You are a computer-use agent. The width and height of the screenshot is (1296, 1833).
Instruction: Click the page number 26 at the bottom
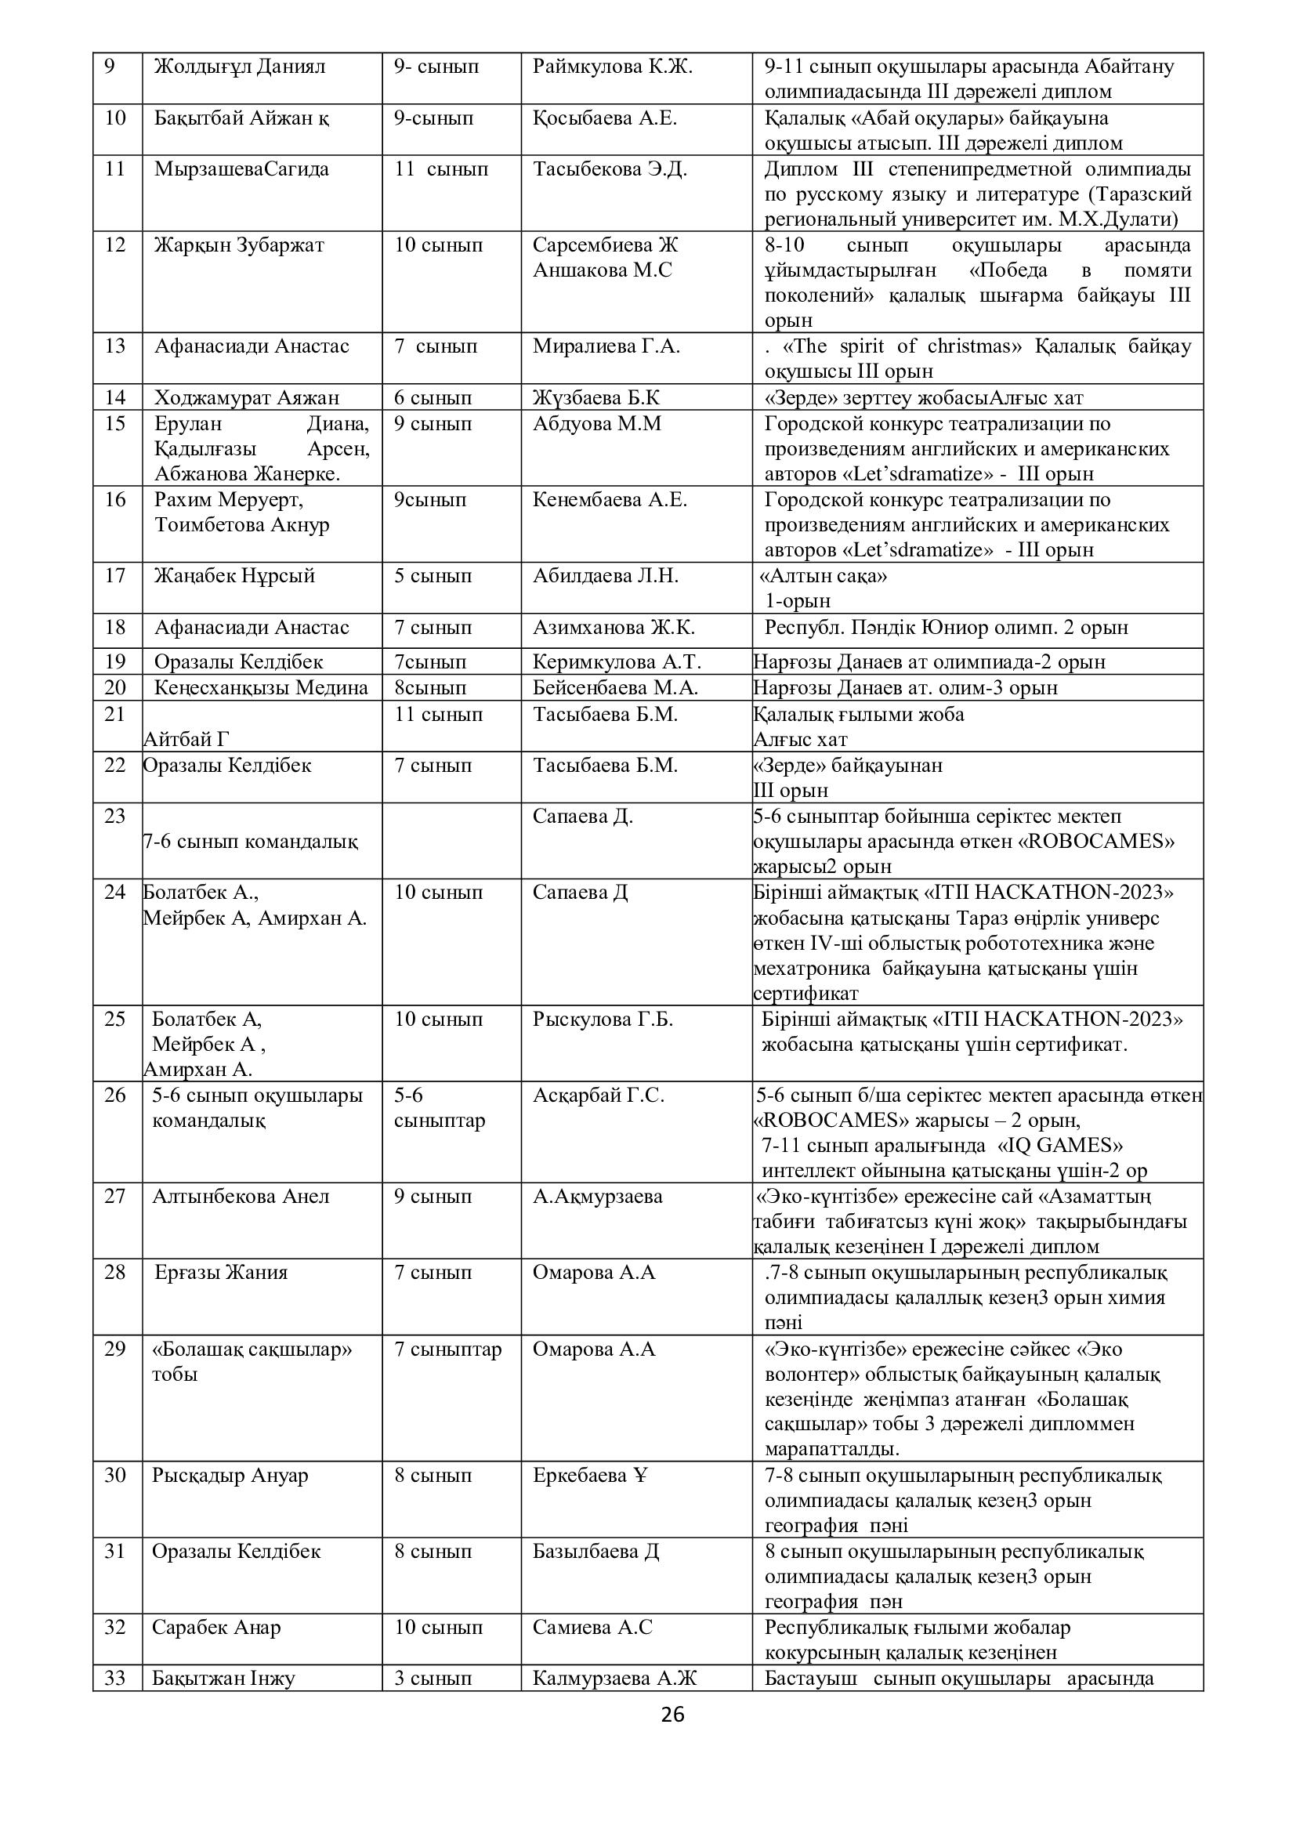click(673, 1714)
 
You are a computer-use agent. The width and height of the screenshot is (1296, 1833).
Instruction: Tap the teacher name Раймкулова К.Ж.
click(612, 67)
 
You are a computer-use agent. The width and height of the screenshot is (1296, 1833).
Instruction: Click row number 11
click(116, 169)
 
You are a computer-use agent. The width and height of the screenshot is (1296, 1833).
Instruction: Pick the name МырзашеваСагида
click(241, 169)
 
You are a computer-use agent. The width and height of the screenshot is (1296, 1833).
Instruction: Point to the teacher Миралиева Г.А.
click(606, 346)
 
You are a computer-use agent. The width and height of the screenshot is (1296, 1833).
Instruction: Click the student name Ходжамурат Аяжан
click(247, 397)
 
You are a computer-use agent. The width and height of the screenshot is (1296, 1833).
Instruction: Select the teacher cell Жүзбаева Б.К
click(596, 397)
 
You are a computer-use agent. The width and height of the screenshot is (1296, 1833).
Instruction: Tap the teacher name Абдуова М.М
click(597, 423)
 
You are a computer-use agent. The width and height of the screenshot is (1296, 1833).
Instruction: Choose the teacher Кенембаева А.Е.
click(610, 500)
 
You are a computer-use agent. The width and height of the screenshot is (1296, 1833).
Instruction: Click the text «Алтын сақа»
click(825, 576)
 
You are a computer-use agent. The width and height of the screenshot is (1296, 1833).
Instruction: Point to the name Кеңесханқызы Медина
click(261, 687)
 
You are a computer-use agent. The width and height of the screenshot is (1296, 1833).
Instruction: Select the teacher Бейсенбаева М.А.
click(615, 687)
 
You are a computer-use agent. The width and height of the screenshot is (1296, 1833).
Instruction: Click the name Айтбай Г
click(186, 739)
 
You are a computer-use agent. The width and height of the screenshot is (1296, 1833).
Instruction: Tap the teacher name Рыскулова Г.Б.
click(603, 1020)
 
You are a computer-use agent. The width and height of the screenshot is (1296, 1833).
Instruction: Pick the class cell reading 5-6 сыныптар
click(439, 1107)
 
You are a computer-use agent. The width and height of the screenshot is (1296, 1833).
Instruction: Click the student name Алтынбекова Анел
click(241, 1197)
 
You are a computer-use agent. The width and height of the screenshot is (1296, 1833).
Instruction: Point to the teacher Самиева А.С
click(592, 1627)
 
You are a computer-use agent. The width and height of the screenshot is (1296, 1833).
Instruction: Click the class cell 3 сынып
click(433, 1678)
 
